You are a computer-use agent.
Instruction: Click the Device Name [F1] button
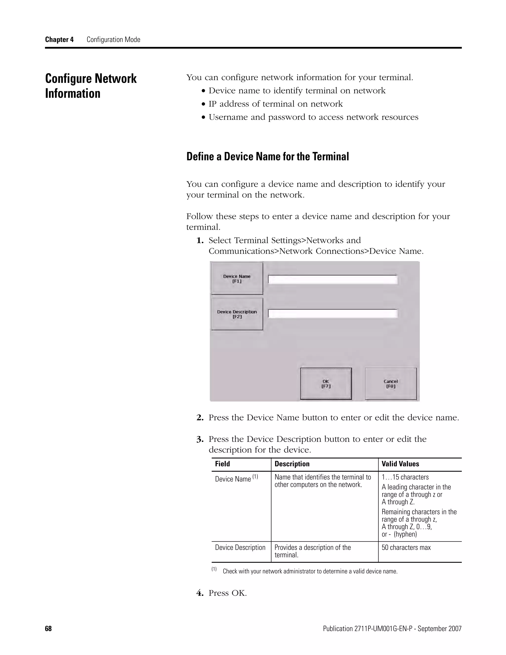point(237,279)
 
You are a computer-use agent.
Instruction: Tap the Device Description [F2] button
point(237,314)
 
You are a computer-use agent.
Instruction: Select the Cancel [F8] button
point(391,384)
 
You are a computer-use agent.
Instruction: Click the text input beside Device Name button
point(333,280)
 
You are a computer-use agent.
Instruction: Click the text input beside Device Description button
point(333,313)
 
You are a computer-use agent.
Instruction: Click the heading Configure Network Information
point(91,86)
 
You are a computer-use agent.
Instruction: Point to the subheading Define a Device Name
point(267,156)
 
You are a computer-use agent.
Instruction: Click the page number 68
point(48,629)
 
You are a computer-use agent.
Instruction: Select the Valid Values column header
point(400,464)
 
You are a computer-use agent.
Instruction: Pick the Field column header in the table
point(222,464)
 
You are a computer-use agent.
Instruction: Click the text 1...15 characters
point(405,477)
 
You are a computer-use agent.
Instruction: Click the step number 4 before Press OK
point(200,593)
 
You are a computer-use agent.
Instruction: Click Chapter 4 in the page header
point(59,40)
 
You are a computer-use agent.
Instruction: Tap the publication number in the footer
point(392,629)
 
